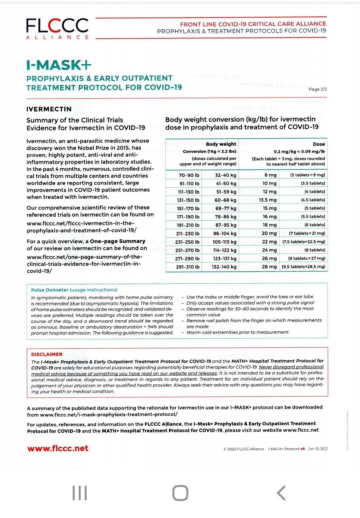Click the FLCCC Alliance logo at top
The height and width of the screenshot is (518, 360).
[x=57, y=28]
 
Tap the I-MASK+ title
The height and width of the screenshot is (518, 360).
[x=59, y=65]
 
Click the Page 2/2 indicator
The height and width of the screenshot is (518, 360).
[x=318, y=89]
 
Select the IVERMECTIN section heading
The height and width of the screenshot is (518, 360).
[x=49, y=109]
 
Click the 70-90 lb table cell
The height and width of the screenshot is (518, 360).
[x=189, y=175]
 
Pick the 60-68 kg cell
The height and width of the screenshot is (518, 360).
[x=225, y=200]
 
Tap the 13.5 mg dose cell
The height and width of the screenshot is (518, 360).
[x=268, y=200]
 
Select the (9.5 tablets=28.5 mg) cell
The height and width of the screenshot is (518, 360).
[x=303, y=267]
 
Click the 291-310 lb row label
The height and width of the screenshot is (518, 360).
[x=188, y=267]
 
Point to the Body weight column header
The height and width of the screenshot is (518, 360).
[x=221, y=144]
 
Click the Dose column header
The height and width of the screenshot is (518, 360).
[x=319, y=144]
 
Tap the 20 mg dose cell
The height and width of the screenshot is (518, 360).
[x=269, y=233]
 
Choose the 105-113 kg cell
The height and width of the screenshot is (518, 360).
[x=224, y=242]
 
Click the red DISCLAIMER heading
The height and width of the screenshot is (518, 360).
[x=47, y=354]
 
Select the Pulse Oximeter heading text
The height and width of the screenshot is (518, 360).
[x=50, y=290]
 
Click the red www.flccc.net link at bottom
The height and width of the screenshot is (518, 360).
[x=58, y=448]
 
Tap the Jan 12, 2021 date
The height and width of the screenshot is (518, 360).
[x=318, y=449]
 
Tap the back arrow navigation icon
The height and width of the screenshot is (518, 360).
[x=281, y=493]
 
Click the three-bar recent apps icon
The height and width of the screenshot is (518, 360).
[x=80, y=493]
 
